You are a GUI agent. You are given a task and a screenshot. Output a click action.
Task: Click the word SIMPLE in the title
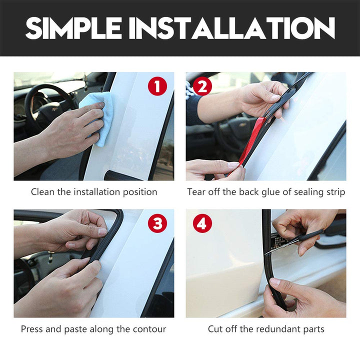tap(73, 28)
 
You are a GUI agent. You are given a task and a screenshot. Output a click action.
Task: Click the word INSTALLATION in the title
tap(231, 28)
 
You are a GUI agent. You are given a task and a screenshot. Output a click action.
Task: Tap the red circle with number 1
tap(157, 86)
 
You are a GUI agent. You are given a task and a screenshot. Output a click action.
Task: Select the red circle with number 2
tap(202, 86)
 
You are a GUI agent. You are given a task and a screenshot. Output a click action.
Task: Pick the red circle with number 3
tap(157, 223)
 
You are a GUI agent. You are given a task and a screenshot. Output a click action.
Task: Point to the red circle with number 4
tap(202, 223)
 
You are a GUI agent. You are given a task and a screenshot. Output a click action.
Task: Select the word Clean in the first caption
tap(43, 192)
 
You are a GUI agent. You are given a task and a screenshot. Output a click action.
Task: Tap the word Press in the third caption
tap(31, 329)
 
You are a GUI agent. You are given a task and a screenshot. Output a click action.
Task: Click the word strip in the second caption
tap(335, 192)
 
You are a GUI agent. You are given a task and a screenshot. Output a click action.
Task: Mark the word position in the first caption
tap(140, 192)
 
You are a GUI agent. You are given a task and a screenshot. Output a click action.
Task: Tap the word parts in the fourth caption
tap(313, 329)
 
